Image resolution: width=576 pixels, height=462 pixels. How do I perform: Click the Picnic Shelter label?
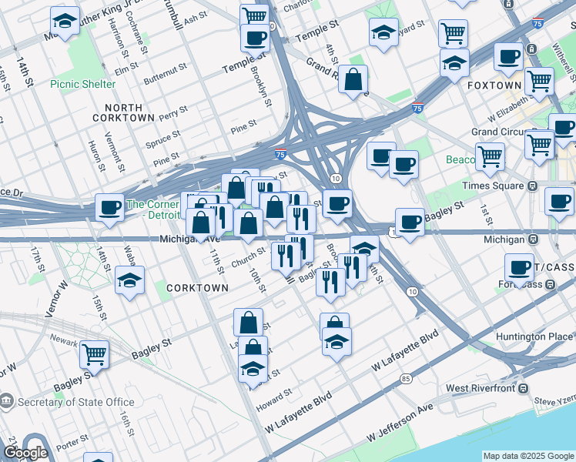[x=83, y=84]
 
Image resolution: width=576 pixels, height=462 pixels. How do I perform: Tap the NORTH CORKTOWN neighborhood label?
[x=118, y=112]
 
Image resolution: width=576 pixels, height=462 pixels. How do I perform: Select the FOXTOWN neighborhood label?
[x=494, y=85]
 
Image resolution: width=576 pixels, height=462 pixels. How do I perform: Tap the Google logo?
[x=25, y=453]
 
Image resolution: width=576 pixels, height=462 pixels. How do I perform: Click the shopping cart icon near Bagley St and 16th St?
[x=94, y=354]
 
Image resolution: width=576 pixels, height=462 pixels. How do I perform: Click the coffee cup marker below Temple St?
[x=255, y=37]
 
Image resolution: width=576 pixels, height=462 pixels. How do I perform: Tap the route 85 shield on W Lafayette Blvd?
[x=406, y=378]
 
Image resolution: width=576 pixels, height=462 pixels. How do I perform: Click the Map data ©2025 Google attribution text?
[x=528, y=456]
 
